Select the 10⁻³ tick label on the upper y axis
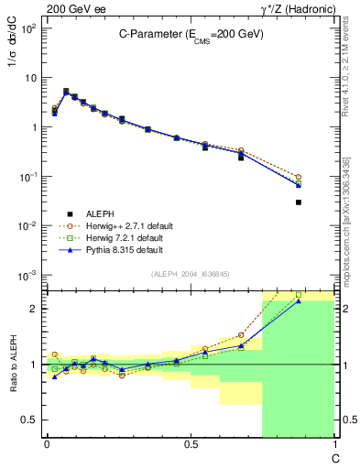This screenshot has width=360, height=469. (28, 276)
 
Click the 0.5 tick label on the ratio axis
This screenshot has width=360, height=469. (28, 420)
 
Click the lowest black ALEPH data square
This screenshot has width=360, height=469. (299, 202)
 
